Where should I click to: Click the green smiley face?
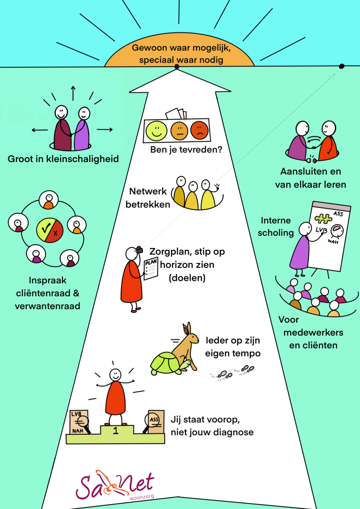(x=156, y=131)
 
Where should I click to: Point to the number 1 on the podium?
(x=116, y=431)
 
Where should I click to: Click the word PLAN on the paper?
(x=150, y=262)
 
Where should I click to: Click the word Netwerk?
(x=148, y=191)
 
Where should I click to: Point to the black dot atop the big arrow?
(x=177, y=67)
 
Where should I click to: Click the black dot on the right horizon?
(x=341, y=66)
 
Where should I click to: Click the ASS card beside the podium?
(x=155, y=421)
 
